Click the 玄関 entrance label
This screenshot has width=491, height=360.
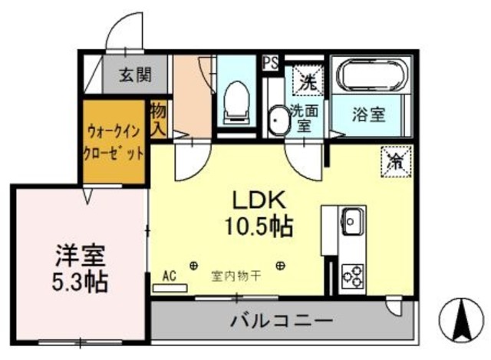point(134,75)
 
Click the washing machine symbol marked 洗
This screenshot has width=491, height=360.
point(306,79)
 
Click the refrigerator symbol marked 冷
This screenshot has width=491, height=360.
point(396,161)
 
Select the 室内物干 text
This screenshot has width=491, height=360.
point(236,275)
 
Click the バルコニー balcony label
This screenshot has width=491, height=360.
point(282,319)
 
